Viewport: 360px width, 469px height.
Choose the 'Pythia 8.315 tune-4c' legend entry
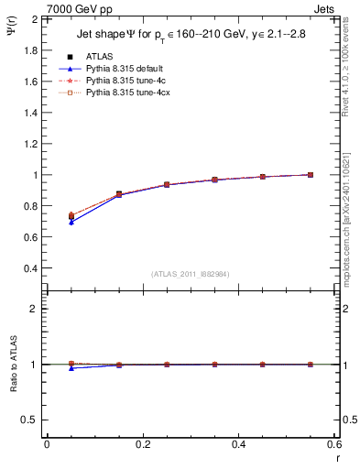(x=125, y=81)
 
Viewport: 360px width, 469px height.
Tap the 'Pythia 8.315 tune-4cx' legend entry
(x=127, y=93)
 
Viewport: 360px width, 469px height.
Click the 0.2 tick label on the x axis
(x=142, y=444)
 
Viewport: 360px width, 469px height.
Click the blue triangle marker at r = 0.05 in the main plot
(x=71, y=222)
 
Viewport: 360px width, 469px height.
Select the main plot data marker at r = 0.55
(x=311, y=174)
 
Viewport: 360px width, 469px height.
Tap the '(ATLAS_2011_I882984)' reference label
(x=191, y=273)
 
